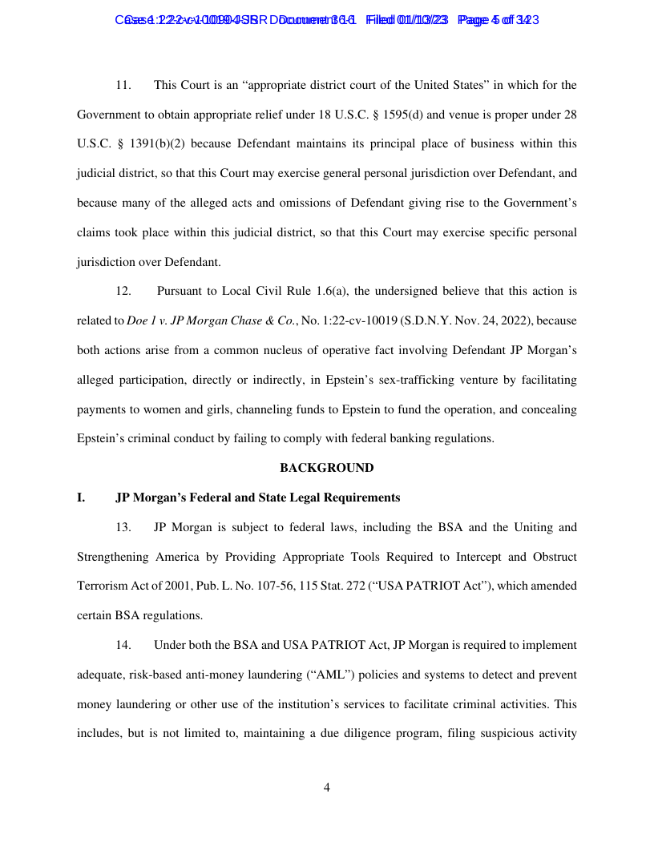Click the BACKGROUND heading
click(x=326, y=468)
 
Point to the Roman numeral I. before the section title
click(x=81, y=498)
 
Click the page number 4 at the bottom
click(x=327, y=788)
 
